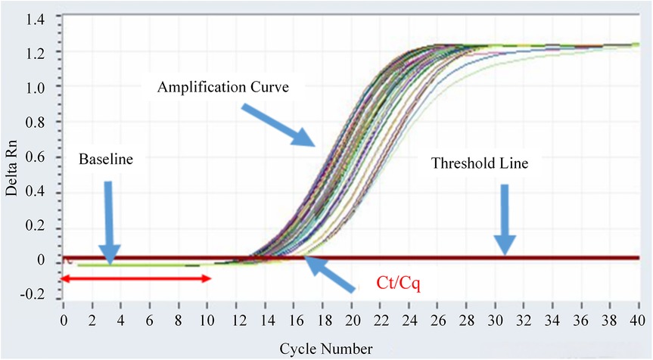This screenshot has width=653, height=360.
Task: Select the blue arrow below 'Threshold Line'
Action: (506, 220)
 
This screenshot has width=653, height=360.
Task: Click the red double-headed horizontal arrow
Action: (135, 278)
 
